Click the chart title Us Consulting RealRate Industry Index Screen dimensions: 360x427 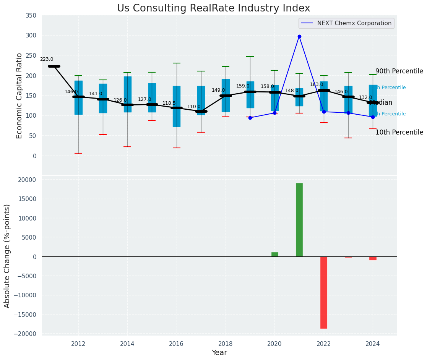[x=213, y=8]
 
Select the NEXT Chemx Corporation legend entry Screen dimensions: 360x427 [x=346, y=23]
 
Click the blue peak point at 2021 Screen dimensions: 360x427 [x=299, y=37]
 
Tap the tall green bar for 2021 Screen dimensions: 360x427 [x=299, y=220]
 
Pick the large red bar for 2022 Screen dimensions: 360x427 [x=324, y=292]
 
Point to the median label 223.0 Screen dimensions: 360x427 [x=47, y=59]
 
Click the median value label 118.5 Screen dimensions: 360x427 [x=169, y=103]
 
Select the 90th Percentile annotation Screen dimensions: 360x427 [x=399, y=71]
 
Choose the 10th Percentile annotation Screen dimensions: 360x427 [x=399, y=133]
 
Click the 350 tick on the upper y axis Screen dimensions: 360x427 [x=31, y=16]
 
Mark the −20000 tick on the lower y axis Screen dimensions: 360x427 [x=25, y=334]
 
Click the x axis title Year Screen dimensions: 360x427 [x=219, y=353]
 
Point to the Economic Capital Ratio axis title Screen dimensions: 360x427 [x=19, y=96]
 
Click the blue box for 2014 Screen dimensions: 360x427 [x=127, y=94]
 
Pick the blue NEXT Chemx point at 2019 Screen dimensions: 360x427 [x=250, y=118]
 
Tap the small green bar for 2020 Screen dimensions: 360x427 [x=275, y=255]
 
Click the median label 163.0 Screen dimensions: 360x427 [x=317, y=84]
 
